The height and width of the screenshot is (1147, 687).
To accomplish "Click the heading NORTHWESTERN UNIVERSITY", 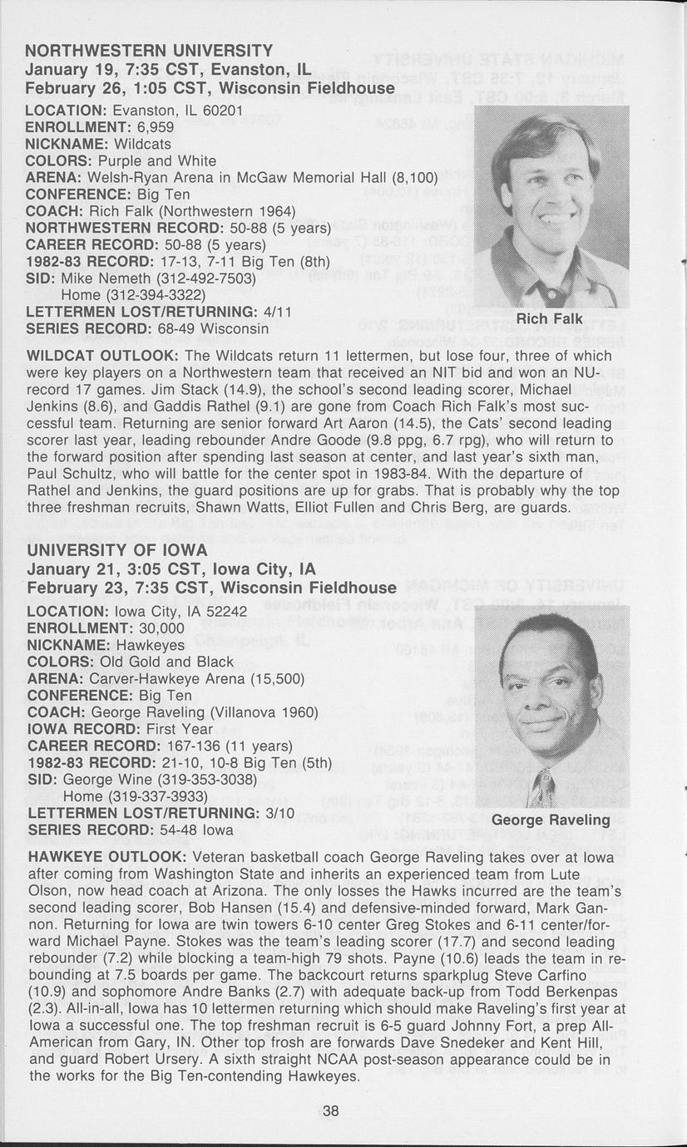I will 149,51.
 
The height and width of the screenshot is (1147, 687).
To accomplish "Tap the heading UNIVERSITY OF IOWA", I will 117,550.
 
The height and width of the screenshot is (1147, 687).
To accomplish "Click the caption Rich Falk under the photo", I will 550,319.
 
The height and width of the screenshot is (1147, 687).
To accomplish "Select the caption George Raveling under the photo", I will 551,820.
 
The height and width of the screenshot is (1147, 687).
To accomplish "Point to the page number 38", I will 331,1111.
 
